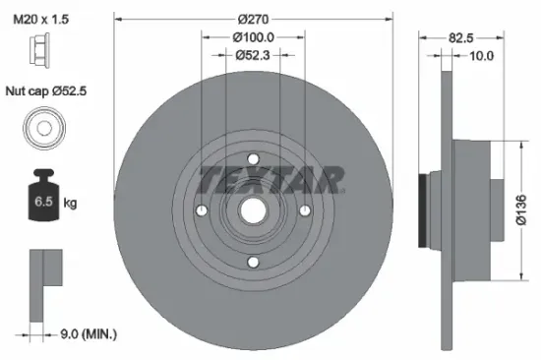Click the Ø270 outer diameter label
pyautogui.click(x=254, y=17)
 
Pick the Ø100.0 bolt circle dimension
pyautogui.click(x=254, y=36)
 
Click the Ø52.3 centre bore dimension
pyautogui.click(x=254, y=55)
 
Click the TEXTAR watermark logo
pyautogui.click(x=272, y=179)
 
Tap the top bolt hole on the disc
pyautogui.click(x=253, y=159)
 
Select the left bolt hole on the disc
pyautogui.click(x=202, y=210)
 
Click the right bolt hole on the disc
pyautogui.click(x=305, y=210)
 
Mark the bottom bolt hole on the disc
pyautogui.click(x=253, y=262)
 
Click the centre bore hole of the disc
pyautogui.click(x=253, y=210)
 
